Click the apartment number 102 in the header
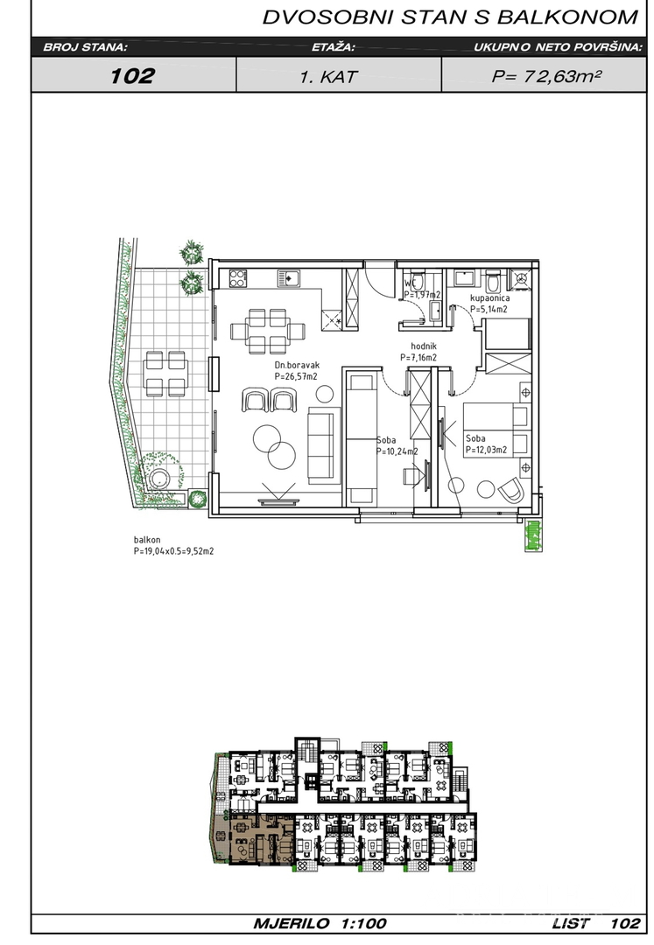[132, 76]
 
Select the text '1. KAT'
[328, 76]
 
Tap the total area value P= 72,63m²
[546, 76]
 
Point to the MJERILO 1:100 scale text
[320, 923]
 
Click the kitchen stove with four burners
[238, 278]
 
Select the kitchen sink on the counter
[289, 278]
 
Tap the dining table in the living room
[268, 331]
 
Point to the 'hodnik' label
[423, 346]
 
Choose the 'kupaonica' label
[490, 297]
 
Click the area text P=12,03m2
[486, 450]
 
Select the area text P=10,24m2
[397, 451]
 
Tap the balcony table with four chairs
[165, 374]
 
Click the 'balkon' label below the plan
[147, 540]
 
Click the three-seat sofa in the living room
[320, 443]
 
